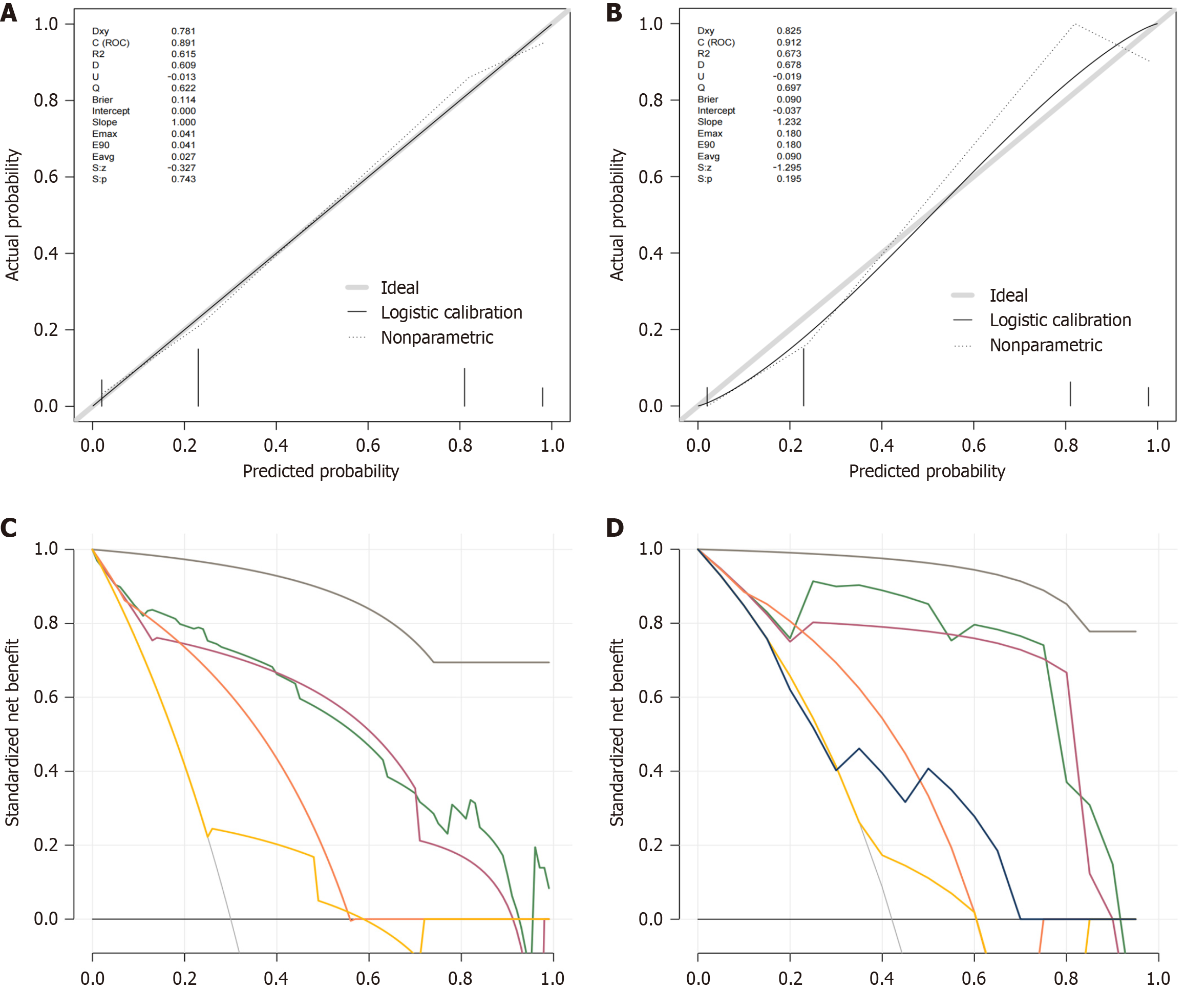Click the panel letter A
tap(9, 12)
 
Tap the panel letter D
tap(615, 528)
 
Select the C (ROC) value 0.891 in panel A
tap(183, 43)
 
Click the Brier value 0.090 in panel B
tap(788, 99)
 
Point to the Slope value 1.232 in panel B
tap(788, 122)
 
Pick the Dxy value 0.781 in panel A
tap(183, 31)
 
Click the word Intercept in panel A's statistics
tap(111, 111)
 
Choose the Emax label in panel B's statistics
tap(709, 134)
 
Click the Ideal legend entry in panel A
tap(399, 288)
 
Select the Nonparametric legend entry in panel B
tap(1046, 345)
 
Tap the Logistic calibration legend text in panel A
tap(452, 312)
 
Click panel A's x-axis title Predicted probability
tap(321, 471)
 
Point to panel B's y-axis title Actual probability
tap(617, 215)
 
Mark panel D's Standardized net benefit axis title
tap(617, 732)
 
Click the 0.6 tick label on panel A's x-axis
tap(368, 446)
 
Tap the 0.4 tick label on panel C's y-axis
tap(46, 771)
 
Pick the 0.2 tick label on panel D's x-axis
tap(790, 978)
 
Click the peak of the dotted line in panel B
tap(1075, 24)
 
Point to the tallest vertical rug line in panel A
tap(198, 377)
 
